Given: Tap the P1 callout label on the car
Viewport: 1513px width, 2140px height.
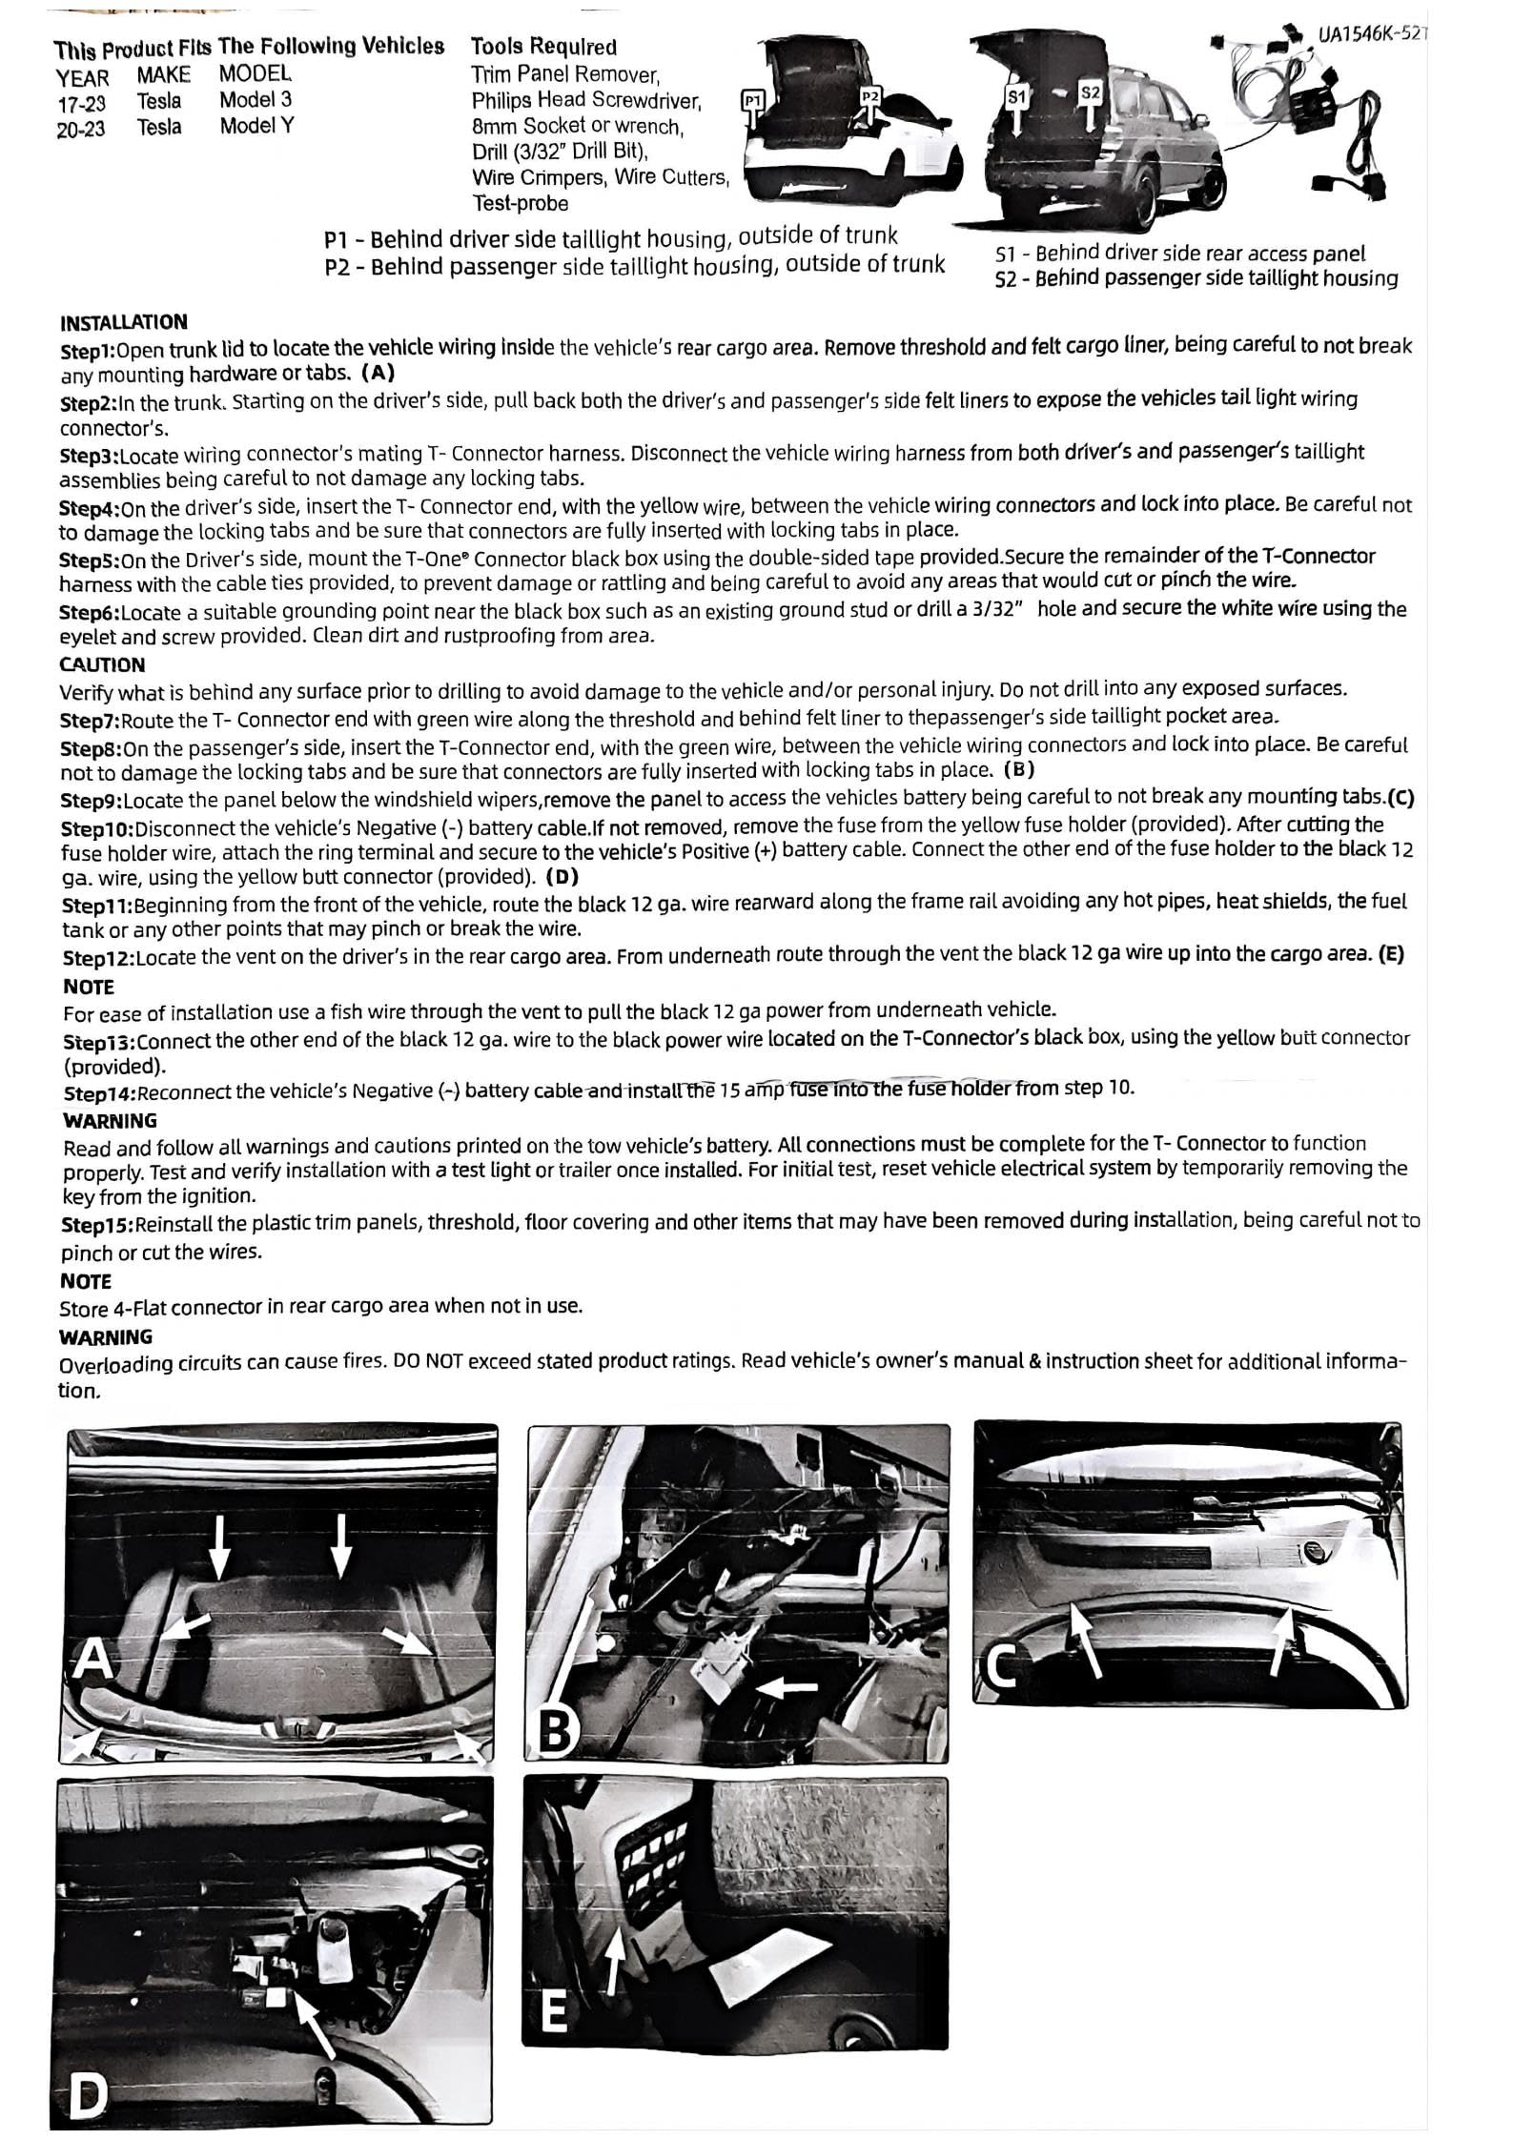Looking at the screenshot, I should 752,98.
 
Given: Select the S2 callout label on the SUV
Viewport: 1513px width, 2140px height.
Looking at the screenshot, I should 1091,92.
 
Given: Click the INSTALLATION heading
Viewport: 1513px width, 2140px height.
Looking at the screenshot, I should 123,321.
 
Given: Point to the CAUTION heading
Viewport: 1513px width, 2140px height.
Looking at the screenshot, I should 102,664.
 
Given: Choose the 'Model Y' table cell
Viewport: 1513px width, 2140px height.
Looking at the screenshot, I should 256,126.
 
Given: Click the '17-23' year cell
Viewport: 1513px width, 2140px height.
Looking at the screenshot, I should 80,102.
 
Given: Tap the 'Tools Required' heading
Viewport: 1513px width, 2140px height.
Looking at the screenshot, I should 543,47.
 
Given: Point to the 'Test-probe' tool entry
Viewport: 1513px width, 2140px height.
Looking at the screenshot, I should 520,203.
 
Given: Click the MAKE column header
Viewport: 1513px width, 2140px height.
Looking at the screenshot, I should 163,75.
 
